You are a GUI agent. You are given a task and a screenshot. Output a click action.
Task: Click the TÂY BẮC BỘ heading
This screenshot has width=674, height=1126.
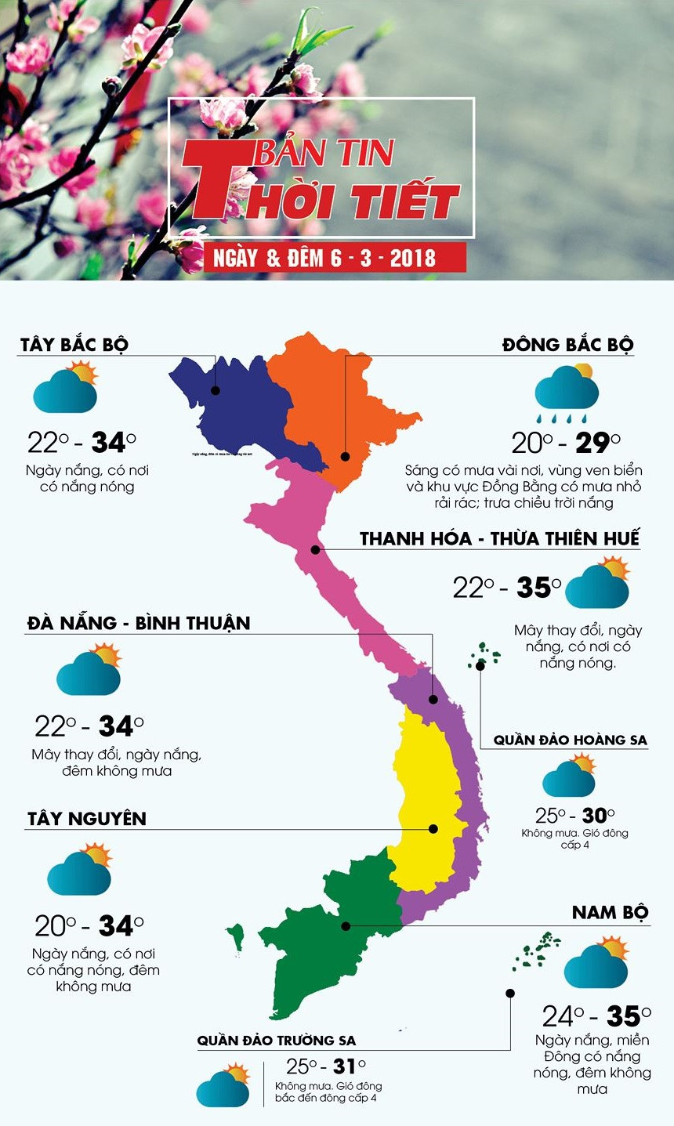[x=74, y=345]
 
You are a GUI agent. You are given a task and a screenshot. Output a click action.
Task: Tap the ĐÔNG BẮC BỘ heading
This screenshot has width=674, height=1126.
[x=568, y=345]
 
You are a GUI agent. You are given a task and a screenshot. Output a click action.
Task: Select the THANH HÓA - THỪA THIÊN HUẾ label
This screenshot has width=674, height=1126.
[x=500, y=539]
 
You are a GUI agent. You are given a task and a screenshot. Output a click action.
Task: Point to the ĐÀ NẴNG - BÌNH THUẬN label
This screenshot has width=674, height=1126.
[x=139, y=624]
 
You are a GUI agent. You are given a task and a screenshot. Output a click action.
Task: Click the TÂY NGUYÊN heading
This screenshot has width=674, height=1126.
[x=87, y=819]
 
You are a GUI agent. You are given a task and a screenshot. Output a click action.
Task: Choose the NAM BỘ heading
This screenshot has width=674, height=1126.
[x=610, y=913]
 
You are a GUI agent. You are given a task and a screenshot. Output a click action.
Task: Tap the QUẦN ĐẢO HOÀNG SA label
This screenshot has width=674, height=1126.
[x=570, y=740]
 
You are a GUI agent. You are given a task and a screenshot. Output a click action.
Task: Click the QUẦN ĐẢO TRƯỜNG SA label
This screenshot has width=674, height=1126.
[x=277, y=1041]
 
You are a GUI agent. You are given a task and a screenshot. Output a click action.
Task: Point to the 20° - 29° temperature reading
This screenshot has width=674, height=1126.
[x=566, y=444]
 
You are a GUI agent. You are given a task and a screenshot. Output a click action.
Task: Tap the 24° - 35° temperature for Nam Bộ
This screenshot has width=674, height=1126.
[x=596, y=1016]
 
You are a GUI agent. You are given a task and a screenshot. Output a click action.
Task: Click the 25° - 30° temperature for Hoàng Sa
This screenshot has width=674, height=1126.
[x=574, y=816]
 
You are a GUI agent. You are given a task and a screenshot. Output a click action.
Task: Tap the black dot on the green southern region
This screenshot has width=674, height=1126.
[x=346, y=925]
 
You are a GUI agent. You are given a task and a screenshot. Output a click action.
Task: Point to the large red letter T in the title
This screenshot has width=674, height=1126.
[x=210, y=180]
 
